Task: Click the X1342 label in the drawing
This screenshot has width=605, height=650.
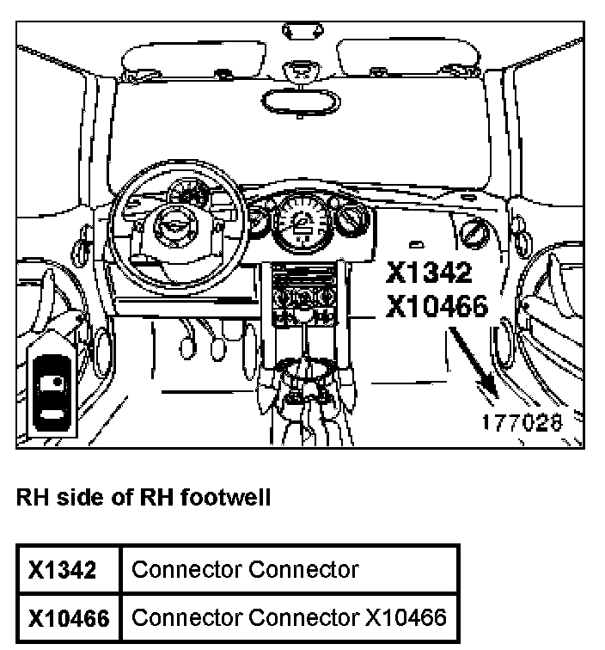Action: (429, 273)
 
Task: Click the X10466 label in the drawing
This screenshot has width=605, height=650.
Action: (437, 305)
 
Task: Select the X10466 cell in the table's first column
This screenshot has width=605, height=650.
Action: (69, 617)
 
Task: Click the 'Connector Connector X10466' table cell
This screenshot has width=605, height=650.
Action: (290, 617)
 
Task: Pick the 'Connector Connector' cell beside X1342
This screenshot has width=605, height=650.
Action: (246, 569)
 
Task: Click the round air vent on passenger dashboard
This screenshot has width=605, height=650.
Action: (474, 232)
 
